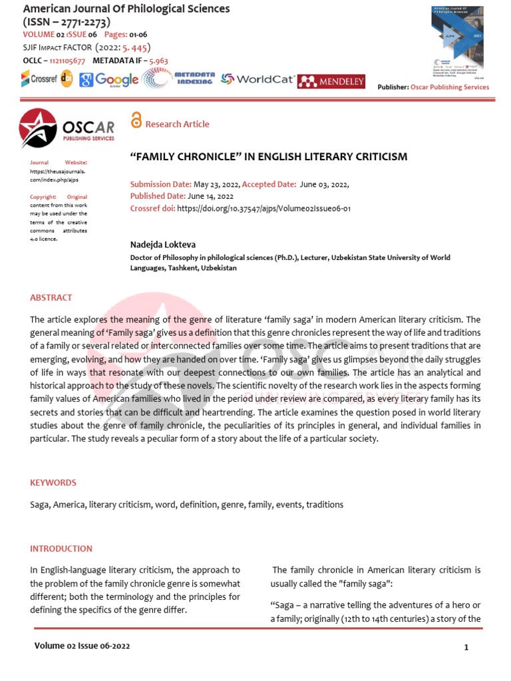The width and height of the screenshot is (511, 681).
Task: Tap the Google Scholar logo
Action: pyautogui.click(x=109, y=80)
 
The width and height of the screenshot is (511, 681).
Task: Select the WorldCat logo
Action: pyautogui.click(x=258, y=79)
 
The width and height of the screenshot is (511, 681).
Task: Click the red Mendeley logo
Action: pyautogui.click(x=331, y=81)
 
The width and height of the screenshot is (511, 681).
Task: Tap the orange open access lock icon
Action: pyautogui.click(x=136, y=120)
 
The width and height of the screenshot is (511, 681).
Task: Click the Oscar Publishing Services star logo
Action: pyautogui.click(x=38, y=128)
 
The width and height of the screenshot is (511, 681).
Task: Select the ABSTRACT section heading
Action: pyautogui.click(x=51, y=297)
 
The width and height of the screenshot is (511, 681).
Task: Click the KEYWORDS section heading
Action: pyautogui.click(x=53, y=482)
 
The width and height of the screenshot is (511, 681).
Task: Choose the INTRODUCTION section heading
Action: pyautogui.click(x=61, y=549)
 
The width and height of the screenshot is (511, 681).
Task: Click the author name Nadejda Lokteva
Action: pyautogui.click(x=162, y=245)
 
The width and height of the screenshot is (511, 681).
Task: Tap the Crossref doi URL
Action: pyautogui.click(x=263, y=208)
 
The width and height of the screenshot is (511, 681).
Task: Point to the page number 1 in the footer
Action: pyautogui.click(x=466, y=647)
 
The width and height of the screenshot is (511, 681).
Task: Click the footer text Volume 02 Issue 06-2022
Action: pyautogui.click(x=82, y=646)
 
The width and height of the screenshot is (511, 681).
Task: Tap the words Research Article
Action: pyautogui.click(x=177, y=124)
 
